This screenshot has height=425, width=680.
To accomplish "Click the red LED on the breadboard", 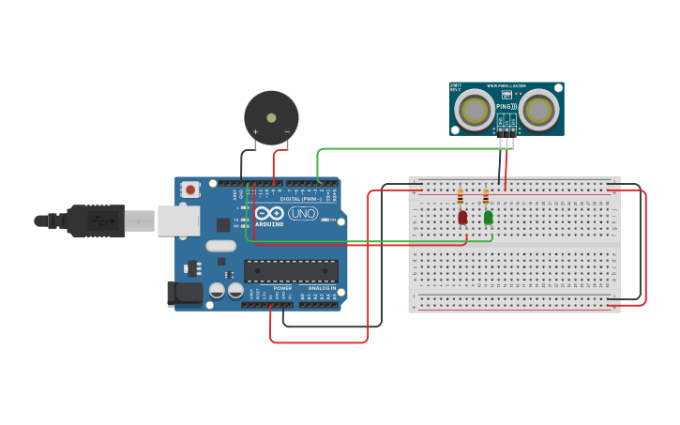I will (x=462, y=218).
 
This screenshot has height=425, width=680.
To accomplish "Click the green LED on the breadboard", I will (x=488, y=218).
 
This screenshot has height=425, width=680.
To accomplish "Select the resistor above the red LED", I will (x=460, y=197).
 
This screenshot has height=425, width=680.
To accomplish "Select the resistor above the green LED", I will (x=485, y=197).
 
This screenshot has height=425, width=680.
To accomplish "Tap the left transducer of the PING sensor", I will (x=475, y=111).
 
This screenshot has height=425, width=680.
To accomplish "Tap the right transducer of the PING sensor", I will (x=539, y=111).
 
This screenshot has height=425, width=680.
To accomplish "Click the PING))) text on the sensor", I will (x=506, y=108).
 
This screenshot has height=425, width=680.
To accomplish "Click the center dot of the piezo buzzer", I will (x=271, y=118).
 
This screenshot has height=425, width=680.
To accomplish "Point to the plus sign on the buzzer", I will (x=255, y=132).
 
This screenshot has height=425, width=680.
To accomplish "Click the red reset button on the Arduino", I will (x=191, y=190).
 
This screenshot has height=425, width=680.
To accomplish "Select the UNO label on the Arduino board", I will (x=302, y=214).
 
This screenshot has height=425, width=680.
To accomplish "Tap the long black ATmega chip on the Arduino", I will (x=291, y=271).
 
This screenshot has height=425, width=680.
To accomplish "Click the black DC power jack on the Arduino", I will (x=185, y=293).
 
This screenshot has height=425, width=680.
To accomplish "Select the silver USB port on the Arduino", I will (x=178, y=221).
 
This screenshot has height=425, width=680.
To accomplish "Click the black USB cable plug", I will (x=95, y=221).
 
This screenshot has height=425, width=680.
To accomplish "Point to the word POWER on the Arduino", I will (x=282, y=288).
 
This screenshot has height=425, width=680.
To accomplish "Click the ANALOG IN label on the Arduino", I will (x=322, y=288).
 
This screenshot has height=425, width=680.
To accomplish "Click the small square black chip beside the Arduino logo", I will (x=223, y=224).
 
